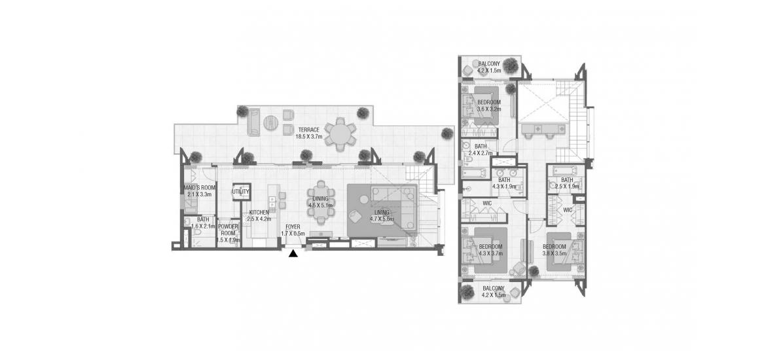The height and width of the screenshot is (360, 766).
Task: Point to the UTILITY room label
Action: pos(240,191)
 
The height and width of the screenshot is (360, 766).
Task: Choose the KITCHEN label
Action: pos(259,213)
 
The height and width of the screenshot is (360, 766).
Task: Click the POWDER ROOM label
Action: pos(228,229)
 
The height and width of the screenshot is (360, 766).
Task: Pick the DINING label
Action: pos(321,198)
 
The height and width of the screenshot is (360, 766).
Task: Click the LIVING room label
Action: pos(382,213)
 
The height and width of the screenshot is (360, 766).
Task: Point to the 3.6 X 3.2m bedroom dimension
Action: pos(489,109)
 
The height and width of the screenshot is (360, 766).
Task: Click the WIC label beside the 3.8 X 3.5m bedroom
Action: pos(568,209)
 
